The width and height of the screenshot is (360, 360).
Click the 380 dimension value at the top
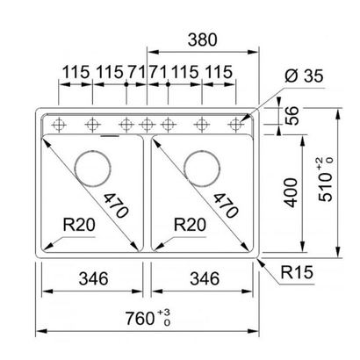tap(202, 40)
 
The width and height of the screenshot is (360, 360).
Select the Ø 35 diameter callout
tap(304, 76)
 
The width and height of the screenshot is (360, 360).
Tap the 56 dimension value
tap(292, 116)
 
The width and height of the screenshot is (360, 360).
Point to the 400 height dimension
tap(291, 192)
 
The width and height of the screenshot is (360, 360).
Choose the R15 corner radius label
tap(297, 272)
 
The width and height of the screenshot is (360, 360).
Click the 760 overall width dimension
tap(148, 318)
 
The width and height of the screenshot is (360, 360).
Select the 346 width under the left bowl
tap(93, 278)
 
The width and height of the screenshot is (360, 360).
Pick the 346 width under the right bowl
tap(205, 278)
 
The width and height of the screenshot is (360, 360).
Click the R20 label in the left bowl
tap(79, 225)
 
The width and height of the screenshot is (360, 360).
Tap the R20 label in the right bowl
tap(190, 225)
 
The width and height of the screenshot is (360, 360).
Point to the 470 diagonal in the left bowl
tap(116, 205)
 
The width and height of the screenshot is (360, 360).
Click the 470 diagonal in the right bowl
tap(226, 205)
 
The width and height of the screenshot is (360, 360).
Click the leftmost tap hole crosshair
tap(59, 126)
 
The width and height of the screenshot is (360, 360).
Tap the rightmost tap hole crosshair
tap(235, 125)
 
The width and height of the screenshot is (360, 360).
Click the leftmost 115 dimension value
tap(76, 72)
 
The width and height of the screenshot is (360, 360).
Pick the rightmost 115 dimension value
tap(219, 72)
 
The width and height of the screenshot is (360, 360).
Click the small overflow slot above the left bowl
tap(110, 136)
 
